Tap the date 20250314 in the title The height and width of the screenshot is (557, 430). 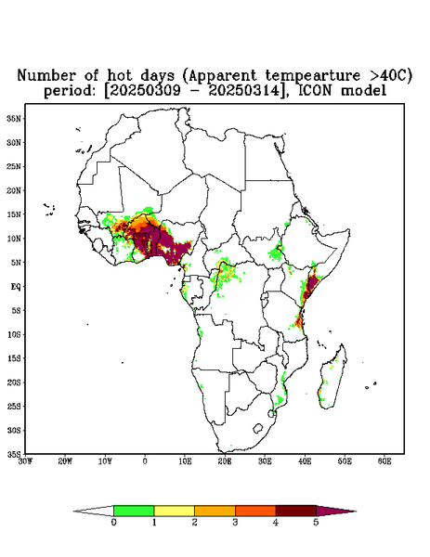coord(243,91)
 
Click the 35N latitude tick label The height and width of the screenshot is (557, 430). coord(14,118)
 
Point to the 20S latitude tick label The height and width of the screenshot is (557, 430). coord(14,382)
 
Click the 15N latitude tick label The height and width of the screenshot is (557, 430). coord(14,214)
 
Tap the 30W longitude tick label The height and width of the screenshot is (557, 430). coord(25,461)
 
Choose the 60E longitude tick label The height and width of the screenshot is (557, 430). coord(384,461)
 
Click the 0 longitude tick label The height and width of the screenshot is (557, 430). coord(145,461)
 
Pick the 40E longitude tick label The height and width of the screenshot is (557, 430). coord(305,461)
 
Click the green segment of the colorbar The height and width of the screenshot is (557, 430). coord(134,511)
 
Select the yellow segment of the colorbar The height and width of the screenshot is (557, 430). coord(174,511)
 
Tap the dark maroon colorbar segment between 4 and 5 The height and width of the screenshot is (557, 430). coord(296,511)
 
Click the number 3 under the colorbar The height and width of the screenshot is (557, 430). coord(235,523)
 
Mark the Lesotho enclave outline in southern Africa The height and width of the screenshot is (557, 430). coord(258,428)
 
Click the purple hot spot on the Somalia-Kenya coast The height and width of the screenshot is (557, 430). coord(311,286)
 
